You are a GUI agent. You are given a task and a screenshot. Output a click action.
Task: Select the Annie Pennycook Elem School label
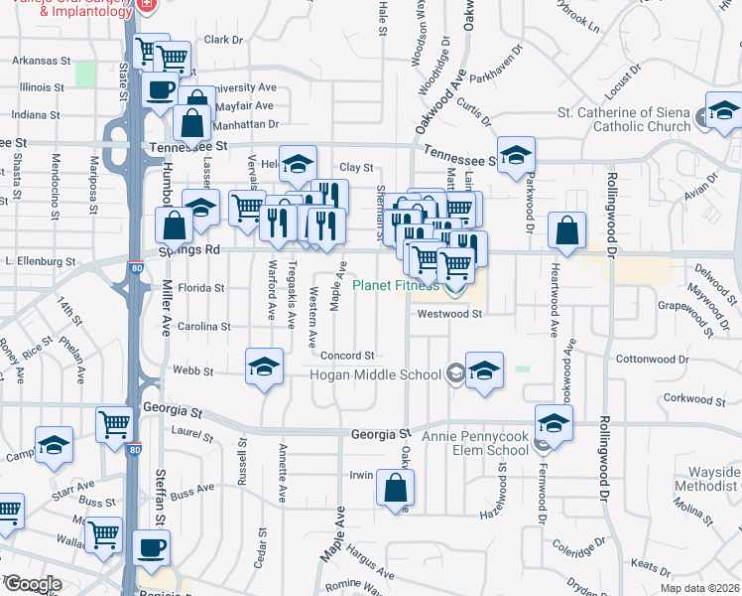(x=475, y=442)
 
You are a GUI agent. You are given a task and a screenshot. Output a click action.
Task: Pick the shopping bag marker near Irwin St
(x=395, y=488)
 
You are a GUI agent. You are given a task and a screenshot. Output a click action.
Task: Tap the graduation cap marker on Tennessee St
(x=516, y=154)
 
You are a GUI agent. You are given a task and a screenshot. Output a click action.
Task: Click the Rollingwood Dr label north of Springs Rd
(x=611, y=213)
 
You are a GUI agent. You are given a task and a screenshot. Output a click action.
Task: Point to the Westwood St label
(x=448, y=314)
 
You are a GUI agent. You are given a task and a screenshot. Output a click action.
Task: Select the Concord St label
(x=346, y=356)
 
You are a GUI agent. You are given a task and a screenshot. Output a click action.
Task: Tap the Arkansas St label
(x=43, y=60)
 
